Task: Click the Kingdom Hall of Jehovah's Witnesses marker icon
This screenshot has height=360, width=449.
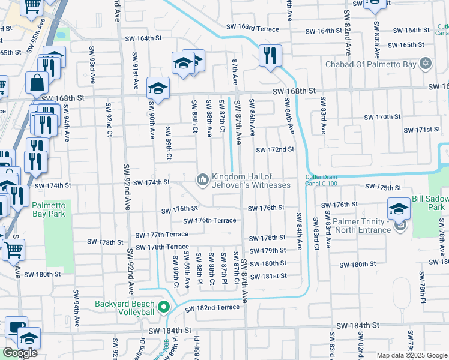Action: point(202,179)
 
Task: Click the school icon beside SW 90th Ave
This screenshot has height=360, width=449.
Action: point(157,88)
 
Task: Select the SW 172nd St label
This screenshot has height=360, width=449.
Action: point(275,149)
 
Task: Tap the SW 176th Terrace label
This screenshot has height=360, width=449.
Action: point(209,220)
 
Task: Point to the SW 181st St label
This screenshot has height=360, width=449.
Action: point(268,276)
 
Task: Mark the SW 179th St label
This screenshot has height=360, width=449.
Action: point(268,250)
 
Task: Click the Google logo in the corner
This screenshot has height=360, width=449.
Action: point(20,352)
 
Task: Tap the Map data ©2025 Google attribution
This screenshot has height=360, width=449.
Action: point(411,355)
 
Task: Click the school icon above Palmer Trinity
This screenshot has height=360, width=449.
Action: point(399,208)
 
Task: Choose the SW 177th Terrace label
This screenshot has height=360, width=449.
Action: point(161,235)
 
